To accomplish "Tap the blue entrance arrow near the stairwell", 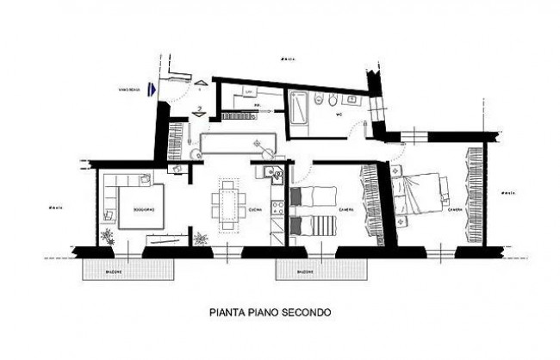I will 152,86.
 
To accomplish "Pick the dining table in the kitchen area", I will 228,205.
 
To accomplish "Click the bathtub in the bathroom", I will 301,104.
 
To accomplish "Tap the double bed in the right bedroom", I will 419,194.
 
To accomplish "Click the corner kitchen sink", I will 276,177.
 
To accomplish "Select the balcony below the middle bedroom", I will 305,270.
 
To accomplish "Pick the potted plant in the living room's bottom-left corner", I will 107,236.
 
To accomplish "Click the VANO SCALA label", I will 129,87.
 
